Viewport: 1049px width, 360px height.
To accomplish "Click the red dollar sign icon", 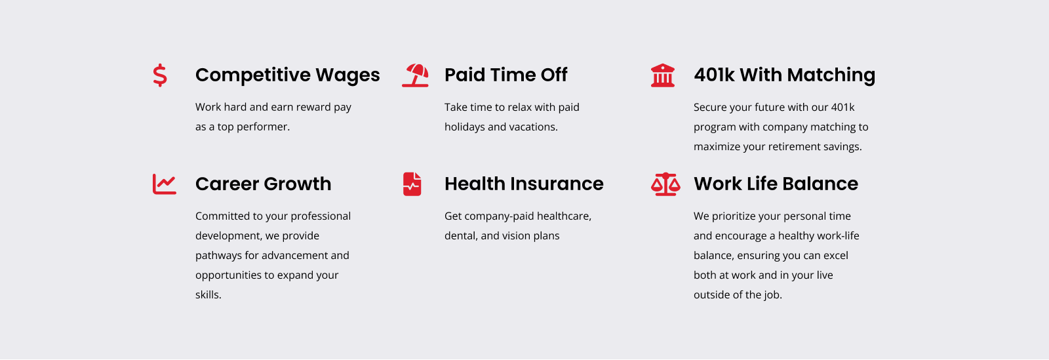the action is [160, 75].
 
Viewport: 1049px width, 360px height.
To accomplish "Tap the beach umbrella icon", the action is [415, 75].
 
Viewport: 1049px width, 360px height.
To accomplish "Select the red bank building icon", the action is [663, 75].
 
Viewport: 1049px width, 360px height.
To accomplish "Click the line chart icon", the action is [165, 184].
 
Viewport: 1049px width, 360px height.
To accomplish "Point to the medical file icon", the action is [412, 184].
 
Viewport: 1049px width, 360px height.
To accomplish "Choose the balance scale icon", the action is [665, 184].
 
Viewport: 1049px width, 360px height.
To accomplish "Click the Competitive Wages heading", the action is [288, 75].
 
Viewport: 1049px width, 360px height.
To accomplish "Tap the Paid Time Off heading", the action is [505, 75].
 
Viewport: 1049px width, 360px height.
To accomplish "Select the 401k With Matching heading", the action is [784, 75].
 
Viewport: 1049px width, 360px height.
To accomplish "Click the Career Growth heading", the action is [263, 184].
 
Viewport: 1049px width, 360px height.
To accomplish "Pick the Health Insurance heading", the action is [524, 184].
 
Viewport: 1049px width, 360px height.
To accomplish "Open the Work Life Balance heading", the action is [776, 184].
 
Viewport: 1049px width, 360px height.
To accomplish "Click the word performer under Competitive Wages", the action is [263, 127].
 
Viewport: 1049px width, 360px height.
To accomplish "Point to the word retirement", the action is [806, 146].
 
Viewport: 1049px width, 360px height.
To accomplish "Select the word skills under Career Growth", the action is [208, 294].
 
